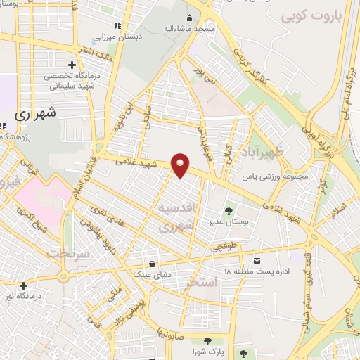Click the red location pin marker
click(181, 165)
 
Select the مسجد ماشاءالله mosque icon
click(188, 18)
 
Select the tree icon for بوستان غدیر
click(229, 210)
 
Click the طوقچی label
click(224, 247)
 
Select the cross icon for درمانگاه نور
click(24, 285)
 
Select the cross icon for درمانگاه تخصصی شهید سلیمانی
click(73, 65)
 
